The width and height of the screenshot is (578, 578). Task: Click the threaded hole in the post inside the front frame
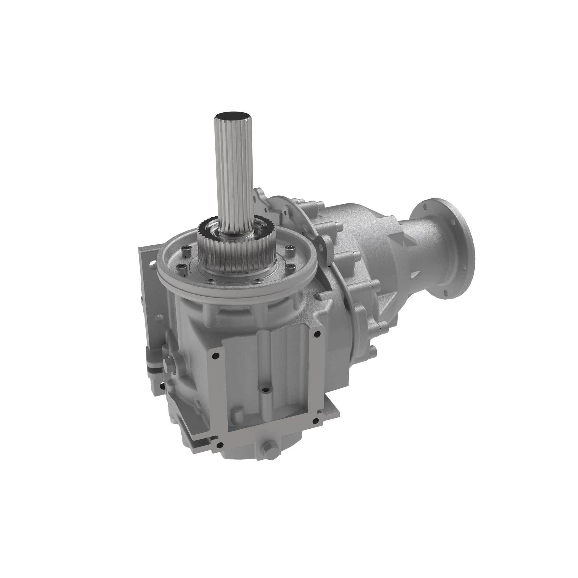click(265, 390)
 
